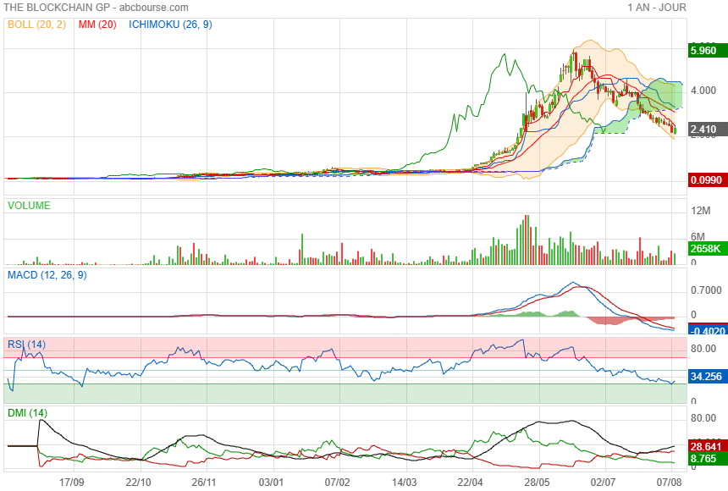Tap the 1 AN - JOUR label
pos(657,8)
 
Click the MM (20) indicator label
pos(97,25)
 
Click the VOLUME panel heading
pos(29,206)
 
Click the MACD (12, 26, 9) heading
pos(47,275)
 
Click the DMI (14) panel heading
pos(27,413)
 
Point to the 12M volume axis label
pos(699,210)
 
